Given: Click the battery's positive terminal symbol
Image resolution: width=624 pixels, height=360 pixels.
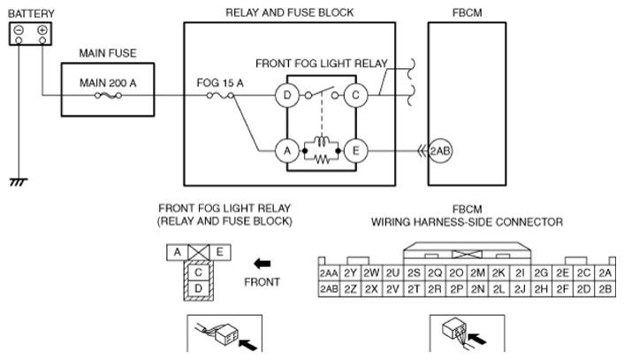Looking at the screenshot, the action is pyautogui.click(x=42, y=30).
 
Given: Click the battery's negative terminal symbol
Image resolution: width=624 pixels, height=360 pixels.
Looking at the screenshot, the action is pyautogui.click(x=19, y=30).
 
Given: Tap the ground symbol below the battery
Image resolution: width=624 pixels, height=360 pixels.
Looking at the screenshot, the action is pyautogui.click(x=19, y=182).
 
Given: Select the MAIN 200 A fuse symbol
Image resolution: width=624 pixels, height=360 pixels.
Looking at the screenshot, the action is pyautogui.click(x=108, y=96).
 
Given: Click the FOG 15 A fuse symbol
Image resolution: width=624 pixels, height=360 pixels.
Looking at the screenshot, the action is pyautogui.click(x=220, y=96).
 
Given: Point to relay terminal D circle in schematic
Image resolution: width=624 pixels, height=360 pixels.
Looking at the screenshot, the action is pyautogui.click(x=287, y=96).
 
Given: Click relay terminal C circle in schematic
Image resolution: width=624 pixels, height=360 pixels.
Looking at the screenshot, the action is pyautogui.click(x=356, y=96).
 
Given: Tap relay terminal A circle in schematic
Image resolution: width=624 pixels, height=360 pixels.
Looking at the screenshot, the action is pyautogui.click(x=287, y=151).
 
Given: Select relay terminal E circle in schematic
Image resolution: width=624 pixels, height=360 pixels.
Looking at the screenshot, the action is pyautogui.click(x=356, y=151).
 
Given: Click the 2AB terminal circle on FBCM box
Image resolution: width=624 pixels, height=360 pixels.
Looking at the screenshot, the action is pyautogui.click(x=440, y=151).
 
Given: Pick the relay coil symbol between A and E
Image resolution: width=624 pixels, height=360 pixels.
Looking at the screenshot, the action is pyautogui.click(x=322, y=142).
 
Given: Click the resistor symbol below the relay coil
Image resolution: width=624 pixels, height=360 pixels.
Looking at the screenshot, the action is pyautogui.click(x=322, y=159).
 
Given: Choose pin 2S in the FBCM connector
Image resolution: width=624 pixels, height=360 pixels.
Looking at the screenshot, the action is pyautogui.click(x=414, y=272).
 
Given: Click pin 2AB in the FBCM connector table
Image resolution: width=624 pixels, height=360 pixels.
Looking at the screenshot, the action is pyautogui.click(x=329, y=288).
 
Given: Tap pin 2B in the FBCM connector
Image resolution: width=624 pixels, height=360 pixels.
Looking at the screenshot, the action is pyautogui.click(x=605, y=288).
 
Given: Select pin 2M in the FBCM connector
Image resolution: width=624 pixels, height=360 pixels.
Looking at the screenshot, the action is pyautogui.click(x=477, y=272).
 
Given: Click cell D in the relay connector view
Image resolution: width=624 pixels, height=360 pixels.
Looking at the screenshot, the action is pyautogui.click(x=198, y=288).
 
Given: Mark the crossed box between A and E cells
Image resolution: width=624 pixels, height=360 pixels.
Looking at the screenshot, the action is pyautogui.click(x=198, y=252).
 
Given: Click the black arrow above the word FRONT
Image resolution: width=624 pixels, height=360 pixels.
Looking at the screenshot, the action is pyautogui.click(x=262, y=264).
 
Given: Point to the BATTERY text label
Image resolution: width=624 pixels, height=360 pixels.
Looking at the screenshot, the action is pyautogui.click(x=32, y=14).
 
